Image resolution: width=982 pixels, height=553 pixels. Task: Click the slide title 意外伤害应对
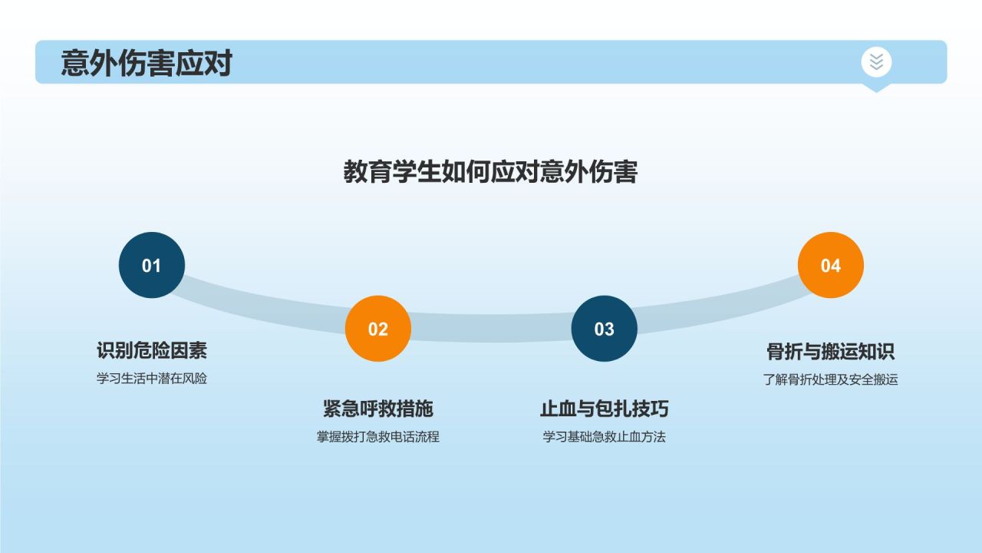pos(146,63)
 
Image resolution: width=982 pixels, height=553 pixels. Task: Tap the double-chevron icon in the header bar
pos(876,61)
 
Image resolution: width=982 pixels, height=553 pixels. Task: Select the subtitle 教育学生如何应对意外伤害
pos(490,172)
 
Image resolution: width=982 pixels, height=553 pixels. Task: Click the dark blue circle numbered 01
pos(152,266)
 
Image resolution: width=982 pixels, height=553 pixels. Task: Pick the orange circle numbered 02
pos(378,329)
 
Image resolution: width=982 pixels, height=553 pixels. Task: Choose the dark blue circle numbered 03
pos(605,329)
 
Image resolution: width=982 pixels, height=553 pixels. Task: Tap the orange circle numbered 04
pos(831,266)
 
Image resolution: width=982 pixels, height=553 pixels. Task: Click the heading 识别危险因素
pos(152,351)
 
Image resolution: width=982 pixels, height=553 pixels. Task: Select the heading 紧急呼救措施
pos(378,409)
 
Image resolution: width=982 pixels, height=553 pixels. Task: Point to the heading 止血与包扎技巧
pos(605,409)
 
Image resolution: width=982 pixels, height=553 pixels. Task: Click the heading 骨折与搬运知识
pos(831,352)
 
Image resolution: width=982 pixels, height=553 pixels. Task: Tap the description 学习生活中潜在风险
pos(152,379)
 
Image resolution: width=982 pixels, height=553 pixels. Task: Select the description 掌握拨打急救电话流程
pos(378,437)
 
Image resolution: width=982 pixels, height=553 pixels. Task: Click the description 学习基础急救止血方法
pos(605,437)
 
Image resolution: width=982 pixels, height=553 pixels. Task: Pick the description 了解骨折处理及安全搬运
pos(831,379)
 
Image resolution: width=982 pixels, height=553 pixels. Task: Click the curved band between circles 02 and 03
pos(491,328)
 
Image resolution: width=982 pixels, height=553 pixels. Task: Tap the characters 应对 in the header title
pos(203,63)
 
